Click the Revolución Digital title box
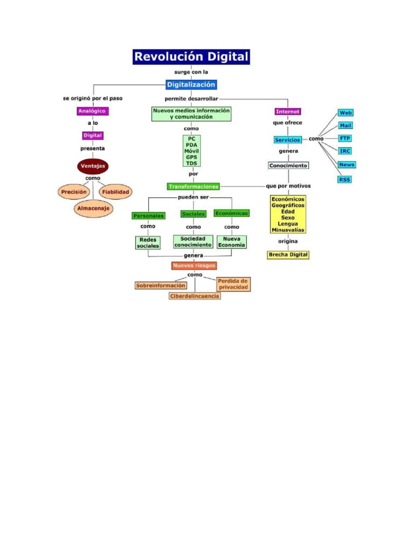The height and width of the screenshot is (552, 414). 191,57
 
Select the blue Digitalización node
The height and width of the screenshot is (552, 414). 191,85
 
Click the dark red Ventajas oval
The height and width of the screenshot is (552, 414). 93,166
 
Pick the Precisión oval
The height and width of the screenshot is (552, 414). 74,191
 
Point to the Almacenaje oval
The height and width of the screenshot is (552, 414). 93,208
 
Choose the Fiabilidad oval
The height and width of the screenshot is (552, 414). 116,191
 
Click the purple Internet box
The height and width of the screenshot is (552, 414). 287,111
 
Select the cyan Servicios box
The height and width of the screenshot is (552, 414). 287,140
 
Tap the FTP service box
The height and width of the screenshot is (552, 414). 346,139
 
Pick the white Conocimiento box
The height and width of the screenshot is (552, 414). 288,165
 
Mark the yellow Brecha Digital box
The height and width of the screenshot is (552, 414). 288,255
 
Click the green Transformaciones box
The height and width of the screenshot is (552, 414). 194,187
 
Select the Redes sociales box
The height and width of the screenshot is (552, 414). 148,242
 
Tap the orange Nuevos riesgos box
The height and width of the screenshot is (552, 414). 194,265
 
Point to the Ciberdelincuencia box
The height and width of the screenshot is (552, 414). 195,296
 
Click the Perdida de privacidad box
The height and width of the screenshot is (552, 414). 233,284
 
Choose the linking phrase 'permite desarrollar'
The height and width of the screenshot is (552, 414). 191,99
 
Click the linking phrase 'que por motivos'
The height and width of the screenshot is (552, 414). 288,186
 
